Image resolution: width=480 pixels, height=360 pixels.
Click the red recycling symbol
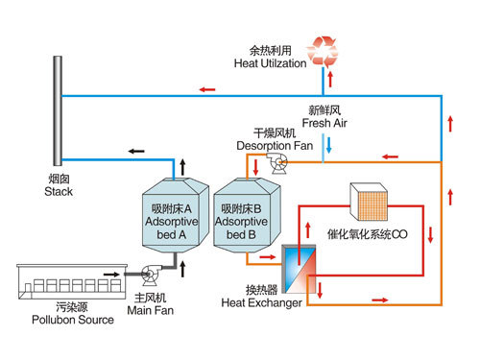tap(323, 51)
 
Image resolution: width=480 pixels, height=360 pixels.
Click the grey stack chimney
tap(58, 110)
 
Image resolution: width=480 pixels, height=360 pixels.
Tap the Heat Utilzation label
tap(270, 63)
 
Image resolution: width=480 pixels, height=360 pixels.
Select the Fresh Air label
tap(324, 123)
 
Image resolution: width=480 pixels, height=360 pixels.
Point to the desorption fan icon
tap(277, 163)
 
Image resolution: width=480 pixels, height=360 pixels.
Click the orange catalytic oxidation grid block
tap(369, 202)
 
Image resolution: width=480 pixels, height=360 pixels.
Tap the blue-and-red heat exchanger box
tap(299, 269)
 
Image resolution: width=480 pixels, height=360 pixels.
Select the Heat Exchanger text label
tap(261, 302)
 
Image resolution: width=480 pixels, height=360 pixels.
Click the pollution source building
tap(72, 281)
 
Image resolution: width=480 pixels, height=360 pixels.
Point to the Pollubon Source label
tap(73, 320)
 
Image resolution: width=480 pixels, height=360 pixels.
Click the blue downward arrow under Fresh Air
tap(328, 145)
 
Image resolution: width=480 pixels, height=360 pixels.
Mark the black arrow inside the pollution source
tap(111, 275)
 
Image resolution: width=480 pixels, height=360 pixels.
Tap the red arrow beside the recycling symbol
tap(330, 79)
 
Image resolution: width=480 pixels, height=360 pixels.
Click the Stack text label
tap(59, 192)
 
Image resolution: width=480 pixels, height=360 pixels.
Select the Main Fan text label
tap(151, 310)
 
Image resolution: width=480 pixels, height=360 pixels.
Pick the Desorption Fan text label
tap(275, 146)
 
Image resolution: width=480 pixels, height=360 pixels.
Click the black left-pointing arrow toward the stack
tap(136, 151)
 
